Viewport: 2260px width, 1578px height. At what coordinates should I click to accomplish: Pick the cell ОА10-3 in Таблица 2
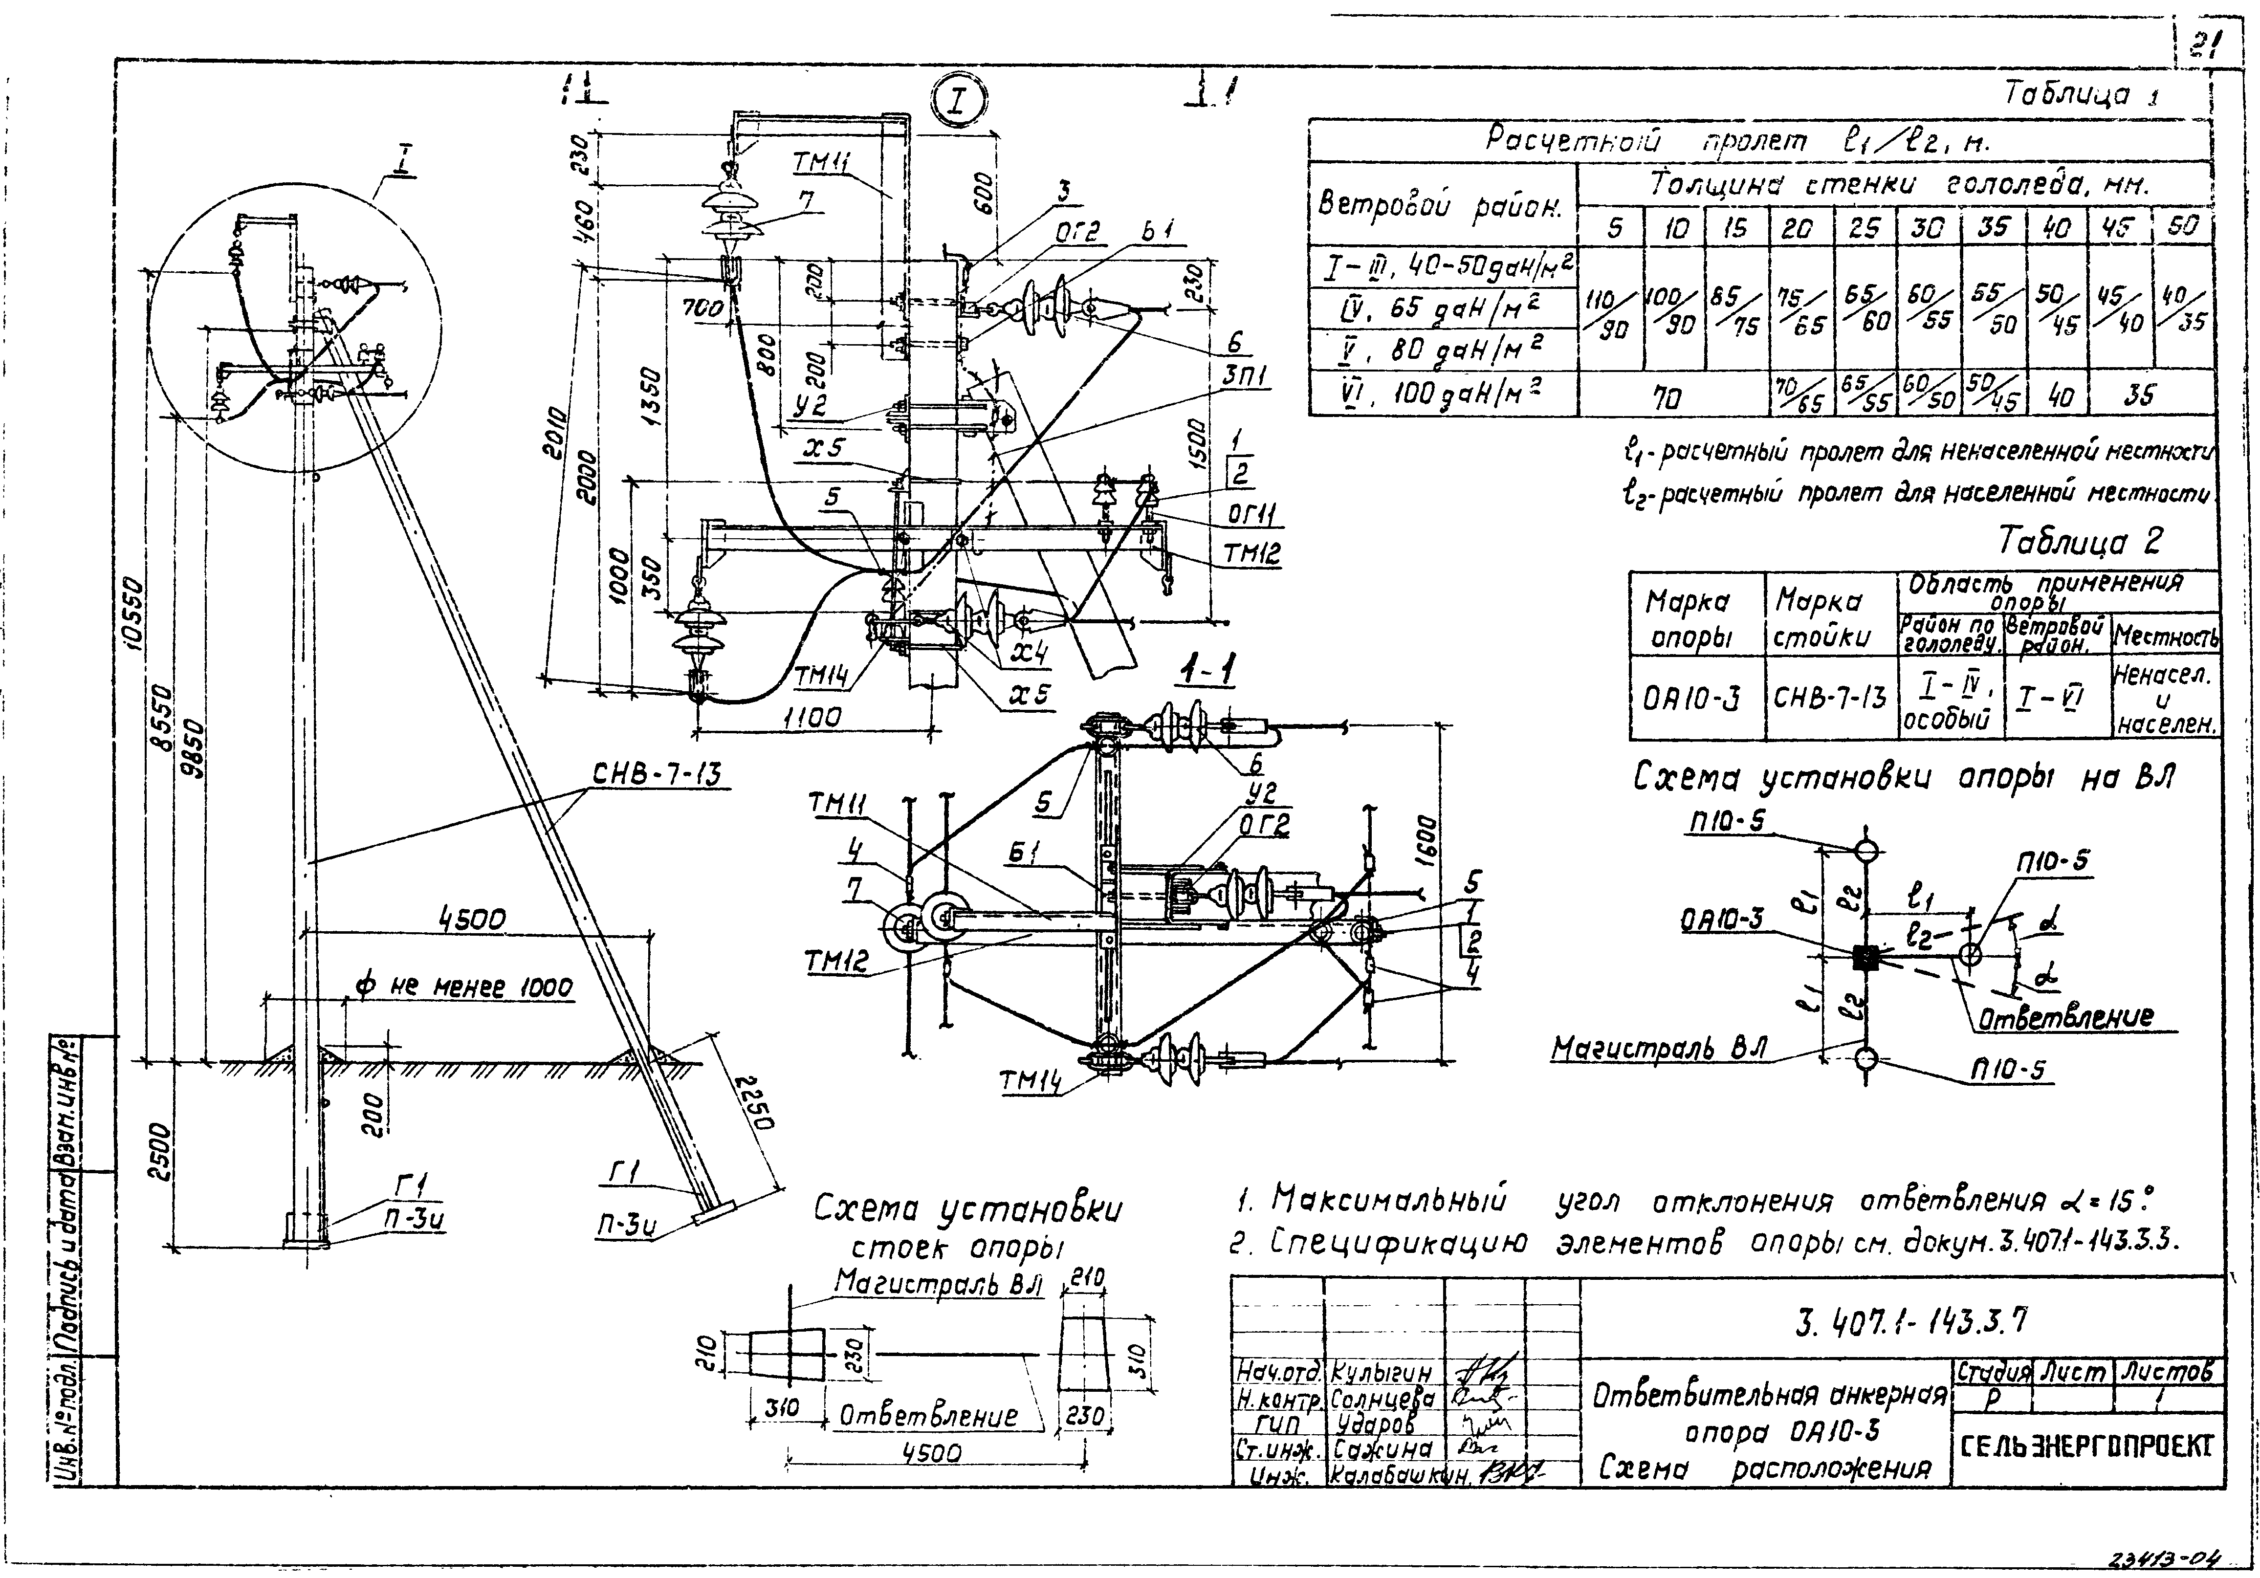coord(1691,699)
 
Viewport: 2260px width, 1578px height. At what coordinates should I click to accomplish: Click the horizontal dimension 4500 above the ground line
coord(471,920)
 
